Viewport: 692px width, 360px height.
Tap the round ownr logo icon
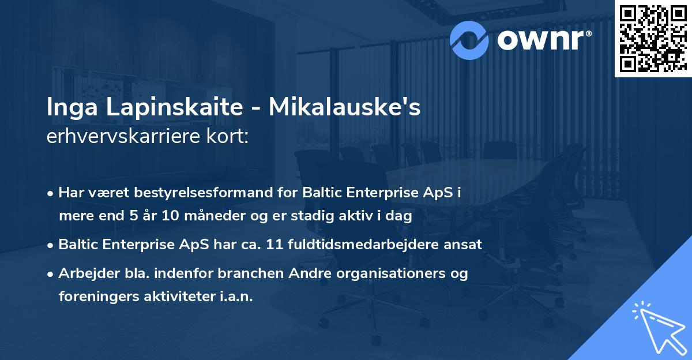click(x=469, y=40)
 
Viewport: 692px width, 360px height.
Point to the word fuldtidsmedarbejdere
click(x=365, y=244)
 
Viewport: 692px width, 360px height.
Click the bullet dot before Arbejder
click(x=51, y=274)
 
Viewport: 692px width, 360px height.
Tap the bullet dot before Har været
click(x=51, y=193)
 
